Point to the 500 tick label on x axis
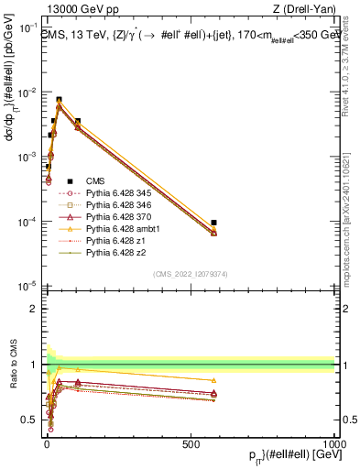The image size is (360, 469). point(191,442)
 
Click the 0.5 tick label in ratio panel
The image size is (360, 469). point(31,420)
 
